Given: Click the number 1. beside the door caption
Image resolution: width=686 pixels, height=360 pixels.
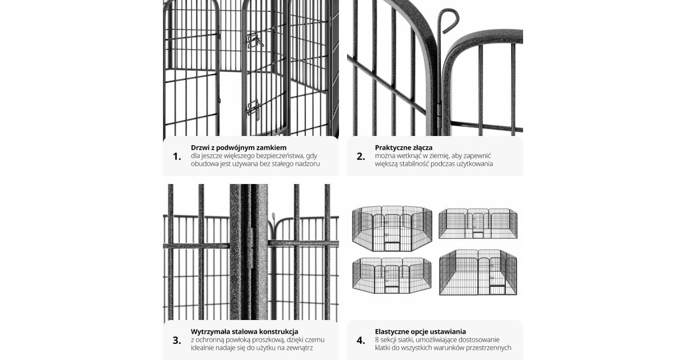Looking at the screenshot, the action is pos(177,157).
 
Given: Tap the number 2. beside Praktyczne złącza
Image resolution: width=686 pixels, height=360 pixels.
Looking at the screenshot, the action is pos(361,157).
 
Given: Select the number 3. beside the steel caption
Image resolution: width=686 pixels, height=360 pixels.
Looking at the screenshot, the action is pos(177,341).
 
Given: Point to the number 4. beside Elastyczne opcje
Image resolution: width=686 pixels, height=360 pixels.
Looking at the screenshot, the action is pos(361,341).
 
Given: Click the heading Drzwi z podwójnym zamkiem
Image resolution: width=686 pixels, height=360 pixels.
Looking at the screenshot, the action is pos(238,148).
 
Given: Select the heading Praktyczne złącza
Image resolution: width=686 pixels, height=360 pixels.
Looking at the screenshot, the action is pos(404,148).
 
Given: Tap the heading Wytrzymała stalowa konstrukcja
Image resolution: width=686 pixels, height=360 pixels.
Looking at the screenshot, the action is pos(245,331).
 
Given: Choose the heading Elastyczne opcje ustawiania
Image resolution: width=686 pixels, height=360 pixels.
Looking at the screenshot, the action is pos(421,331).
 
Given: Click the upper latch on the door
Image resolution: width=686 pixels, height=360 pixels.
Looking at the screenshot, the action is pos(254,41).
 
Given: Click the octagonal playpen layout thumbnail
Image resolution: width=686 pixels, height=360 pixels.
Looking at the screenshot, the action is pos(392,229).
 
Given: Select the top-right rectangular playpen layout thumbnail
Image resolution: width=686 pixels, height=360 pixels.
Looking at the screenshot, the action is pos(478,223).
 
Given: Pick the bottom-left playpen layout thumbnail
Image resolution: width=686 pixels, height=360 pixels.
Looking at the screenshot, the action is pos(392,275).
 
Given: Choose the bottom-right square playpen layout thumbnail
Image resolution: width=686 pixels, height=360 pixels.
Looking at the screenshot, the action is pos(478,272).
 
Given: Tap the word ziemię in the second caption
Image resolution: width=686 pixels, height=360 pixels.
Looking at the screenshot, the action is pos(439,156).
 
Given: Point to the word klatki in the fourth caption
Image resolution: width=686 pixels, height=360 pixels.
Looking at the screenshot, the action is pos(383,348).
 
